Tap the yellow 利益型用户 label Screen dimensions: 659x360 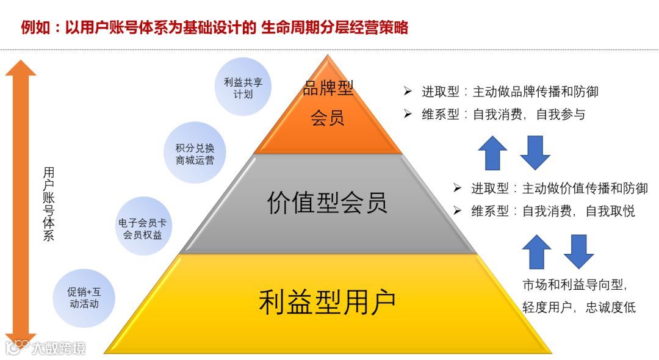coord(327,301)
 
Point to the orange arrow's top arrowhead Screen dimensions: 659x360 coord(20,68)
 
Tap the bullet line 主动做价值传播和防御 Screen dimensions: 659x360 coord(558,188)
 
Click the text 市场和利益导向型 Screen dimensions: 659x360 coord(575,284)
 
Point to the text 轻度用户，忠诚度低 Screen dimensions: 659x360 coord(578,307)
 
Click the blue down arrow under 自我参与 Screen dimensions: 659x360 coord(535,153)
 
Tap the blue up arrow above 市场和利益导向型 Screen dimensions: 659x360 coord(537,251)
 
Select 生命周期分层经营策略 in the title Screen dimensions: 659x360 coord(334,27)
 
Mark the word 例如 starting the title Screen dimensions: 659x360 coord(34,27)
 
